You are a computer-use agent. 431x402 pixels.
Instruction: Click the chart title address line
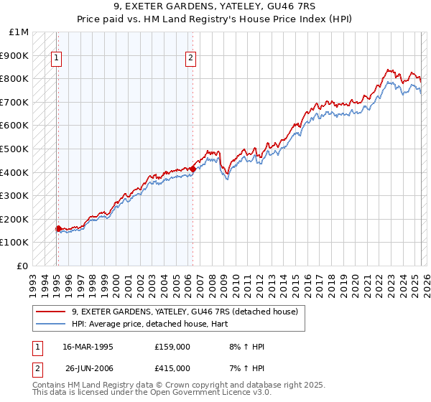pos(215,8)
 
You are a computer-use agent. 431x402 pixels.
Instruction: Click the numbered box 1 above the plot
pos(56,59)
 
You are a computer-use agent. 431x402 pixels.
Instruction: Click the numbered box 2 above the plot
pos(191,59)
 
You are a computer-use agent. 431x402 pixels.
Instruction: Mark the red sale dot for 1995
pos(59,228)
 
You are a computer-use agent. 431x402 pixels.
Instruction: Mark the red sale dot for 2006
pos(193,169)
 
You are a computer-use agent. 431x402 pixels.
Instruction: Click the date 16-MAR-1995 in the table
pos(88,346)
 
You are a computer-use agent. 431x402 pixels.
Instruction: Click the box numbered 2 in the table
pos(37,368)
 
